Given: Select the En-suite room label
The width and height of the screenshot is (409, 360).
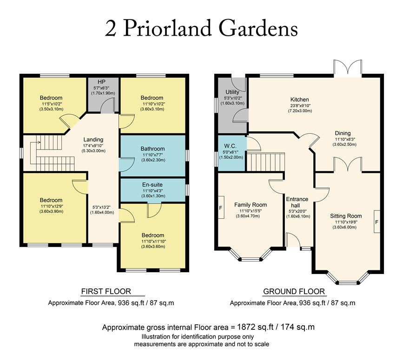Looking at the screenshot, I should [152, 184].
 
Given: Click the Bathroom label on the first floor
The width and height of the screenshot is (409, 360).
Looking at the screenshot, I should [152, 149].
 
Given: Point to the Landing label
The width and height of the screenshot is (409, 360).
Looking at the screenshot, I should [93, 139].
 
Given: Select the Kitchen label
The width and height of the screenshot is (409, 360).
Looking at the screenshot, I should [300, 99].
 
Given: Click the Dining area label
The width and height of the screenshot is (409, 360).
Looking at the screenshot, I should [343, 133].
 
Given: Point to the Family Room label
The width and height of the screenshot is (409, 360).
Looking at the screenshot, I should [250, 205].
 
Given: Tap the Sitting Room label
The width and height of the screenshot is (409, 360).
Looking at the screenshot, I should [346, 216].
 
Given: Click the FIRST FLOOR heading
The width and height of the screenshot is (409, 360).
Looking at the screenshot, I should [106, 291].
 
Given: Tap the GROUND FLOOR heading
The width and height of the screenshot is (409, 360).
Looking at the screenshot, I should [294, 291].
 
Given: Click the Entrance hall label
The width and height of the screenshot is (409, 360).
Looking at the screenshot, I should [297, 203].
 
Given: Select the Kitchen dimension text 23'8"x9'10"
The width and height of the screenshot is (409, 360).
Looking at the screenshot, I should [300, 105].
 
